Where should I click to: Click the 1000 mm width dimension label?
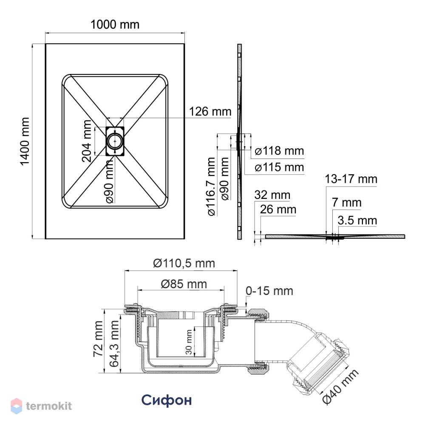(115, 25)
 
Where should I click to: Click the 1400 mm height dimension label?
(25, 141)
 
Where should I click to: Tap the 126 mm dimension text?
(210, 111)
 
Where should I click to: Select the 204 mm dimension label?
(87, 141)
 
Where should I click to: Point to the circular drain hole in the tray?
(115, 141)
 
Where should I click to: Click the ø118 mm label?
(279, 151)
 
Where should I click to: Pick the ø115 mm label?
(279, 167)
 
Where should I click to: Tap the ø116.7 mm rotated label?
(211, 187)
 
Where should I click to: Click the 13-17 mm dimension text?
(351, 179)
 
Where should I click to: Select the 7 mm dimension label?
(347, 202)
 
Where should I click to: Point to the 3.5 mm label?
(357, 220)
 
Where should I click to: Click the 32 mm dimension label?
(272, 195)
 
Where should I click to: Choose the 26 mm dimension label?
(278, 210)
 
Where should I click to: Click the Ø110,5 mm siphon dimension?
(184, 263)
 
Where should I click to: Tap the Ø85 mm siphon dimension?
(184, 284)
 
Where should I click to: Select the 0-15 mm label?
(269, 291)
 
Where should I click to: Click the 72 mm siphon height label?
(98, 339)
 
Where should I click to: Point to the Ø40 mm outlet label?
(340, 387)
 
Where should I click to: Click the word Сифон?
(167, 400)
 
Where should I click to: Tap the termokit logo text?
(49, 406)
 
